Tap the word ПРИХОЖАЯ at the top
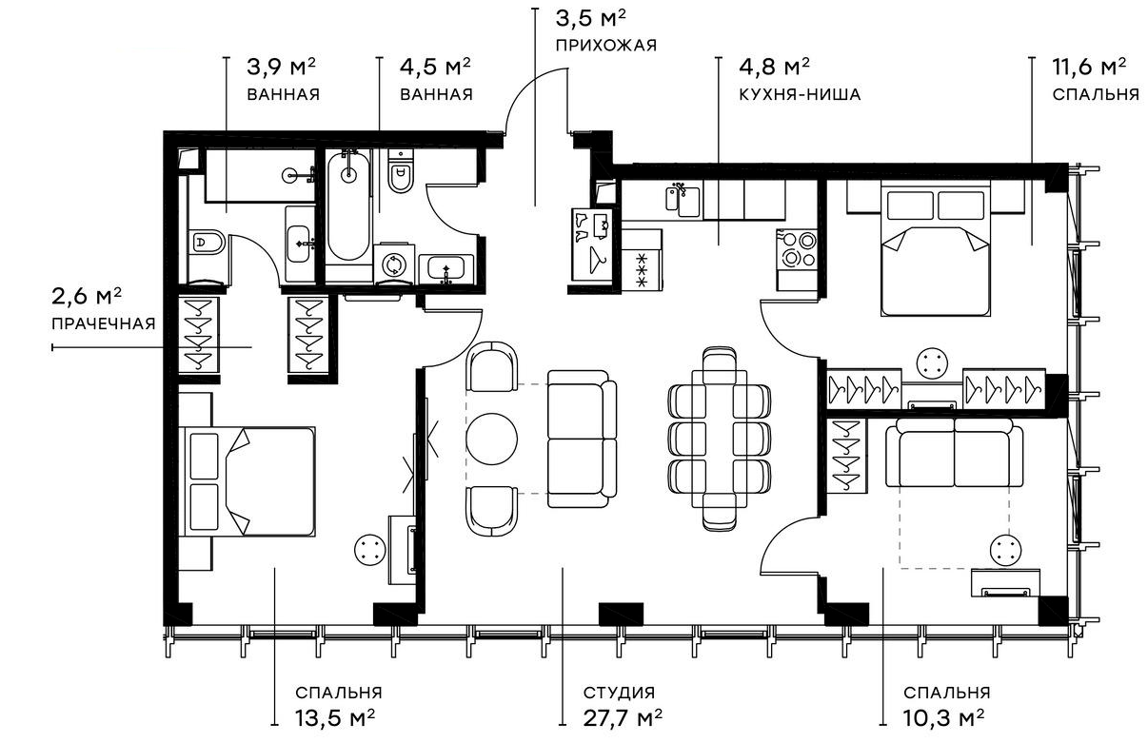click(x=606, y=45)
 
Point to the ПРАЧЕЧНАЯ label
click(x=103, y=323)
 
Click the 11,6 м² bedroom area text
click(x=1089, y=67)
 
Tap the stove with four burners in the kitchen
click(x=797, y=249)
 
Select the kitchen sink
click(x=683, y=201)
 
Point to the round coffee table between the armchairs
click(x=491, y=438)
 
